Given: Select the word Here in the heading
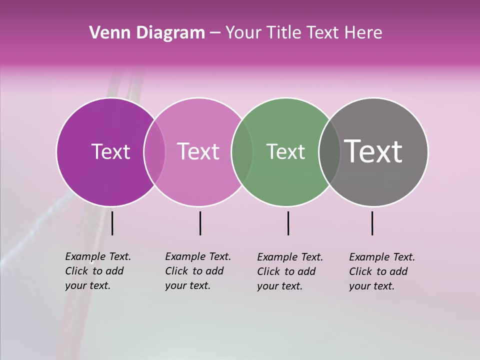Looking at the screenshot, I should tap(363, 33).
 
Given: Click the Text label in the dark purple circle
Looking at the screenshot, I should tap(110, 151).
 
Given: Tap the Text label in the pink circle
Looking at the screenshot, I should tap(198, 151).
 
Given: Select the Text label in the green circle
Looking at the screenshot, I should tap(285, 151).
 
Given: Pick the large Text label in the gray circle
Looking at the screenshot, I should tap(373, 151).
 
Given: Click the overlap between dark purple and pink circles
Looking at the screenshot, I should tap(154, 151).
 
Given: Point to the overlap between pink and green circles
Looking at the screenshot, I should tap(242, 151).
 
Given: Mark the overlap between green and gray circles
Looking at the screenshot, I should tap(329, 151).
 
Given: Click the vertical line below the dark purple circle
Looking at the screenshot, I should tap(112, 223).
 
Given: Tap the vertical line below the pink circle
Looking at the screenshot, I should tap(200, 223).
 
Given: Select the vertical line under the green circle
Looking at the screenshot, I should tap(288, 223).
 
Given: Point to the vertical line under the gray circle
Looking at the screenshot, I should tap(372, 223).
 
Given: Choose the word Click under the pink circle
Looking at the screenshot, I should tap(176, 271).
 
